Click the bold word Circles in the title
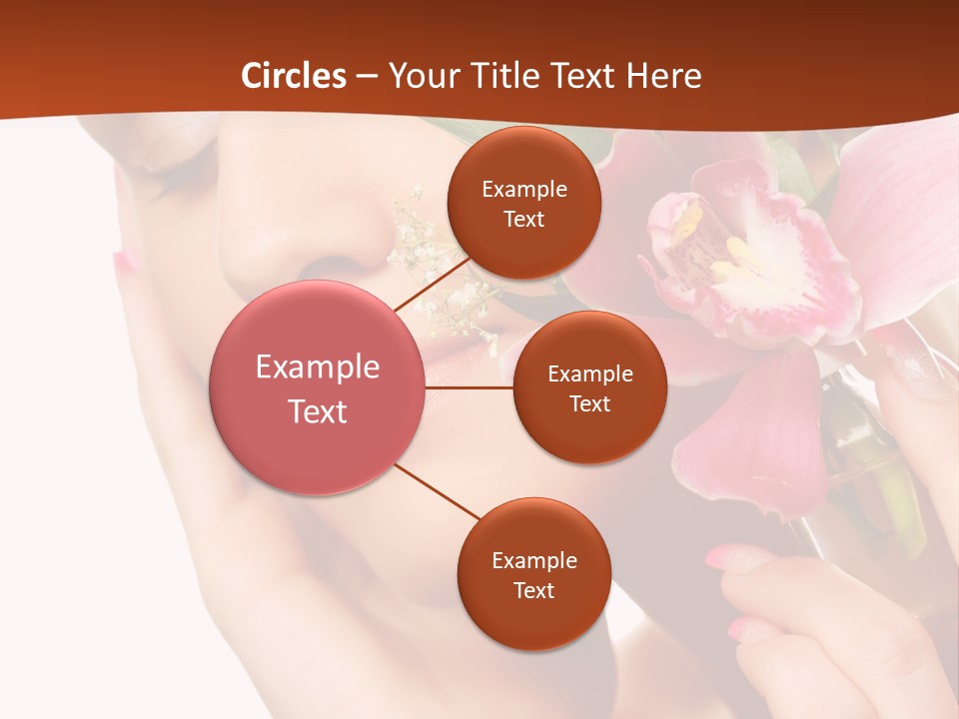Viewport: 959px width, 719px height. pyautogui.click(x=294, y=76)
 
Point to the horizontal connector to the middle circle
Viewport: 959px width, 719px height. pyautogui.click(x=470, y=387)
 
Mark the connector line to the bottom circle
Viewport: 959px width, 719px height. pyautogui.click(x=440, y=492)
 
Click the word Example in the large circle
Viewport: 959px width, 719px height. pyautogui.click(x=318, y=367)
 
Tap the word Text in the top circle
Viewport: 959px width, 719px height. pyautogui.click(x=524, y=220)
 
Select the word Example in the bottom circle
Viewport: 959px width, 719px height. pyautogui.click(x=534, y=561)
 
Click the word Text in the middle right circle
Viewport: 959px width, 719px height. pyautogui.click(x=590, y=404)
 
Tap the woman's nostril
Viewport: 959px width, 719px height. pyautogui.click(x=322, y=266)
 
